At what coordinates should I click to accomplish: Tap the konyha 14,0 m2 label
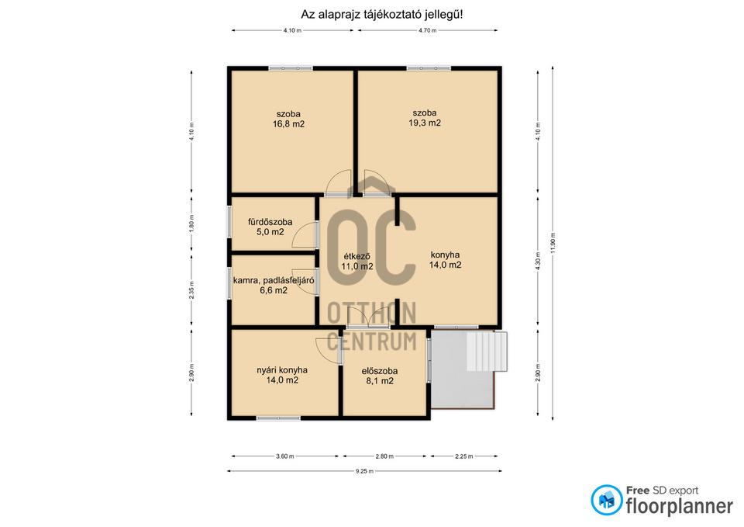(x=445, y=259)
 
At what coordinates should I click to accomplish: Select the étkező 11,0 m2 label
(x=356, y=262)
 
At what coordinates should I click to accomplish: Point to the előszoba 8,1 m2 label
(x=377, y=376)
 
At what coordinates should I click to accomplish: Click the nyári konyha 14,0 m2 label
(x=282, y=375)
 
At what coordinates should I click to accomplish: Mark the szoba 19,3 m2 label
(x=425, y=117)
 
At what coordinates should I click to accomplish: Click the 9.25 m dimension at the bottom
(x=364, y=471)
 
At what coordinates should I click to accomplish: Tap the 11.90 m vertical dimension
(x=551, y=237)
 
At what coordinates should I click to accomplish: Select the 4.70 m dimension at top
(x=427, y=30)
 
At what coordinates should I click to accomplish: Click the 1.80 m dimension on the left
(x=191, y=223)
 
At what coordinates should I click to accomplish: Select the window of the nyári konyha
(x=278, y=418)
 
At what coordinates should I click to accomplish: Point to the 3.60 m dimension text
(x=286, y=456)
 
